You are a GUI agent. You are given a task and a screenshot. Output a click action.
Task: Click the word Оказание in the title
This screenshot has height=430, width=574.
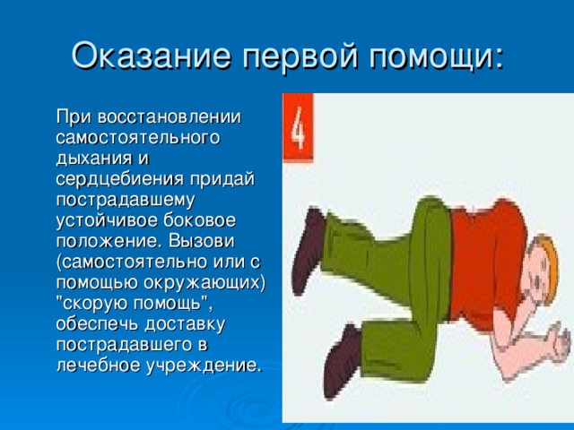152,56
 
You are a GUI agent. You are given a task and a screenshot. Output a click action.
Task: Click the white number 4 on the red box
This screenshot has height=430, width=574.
298,127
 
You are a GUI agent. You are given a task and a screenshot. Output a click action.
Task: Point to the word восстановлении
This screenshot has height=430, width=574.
170,116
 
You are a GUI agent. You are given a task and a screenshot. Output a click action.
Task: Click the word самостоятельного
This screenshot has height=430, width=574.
138,137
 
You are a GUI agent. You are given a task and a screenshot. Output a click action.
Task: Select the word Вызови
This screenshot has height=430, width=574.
202,241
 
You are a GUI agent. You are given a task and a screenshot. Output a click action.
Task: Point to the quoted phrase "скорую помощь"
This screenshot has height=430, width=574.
134,304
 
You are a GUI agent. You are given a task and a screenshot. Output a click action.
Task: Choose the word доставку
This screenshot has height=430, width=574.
185,324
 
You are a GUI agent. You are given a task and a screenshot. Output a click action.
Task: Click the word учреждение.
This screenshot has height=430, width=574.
204,365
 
